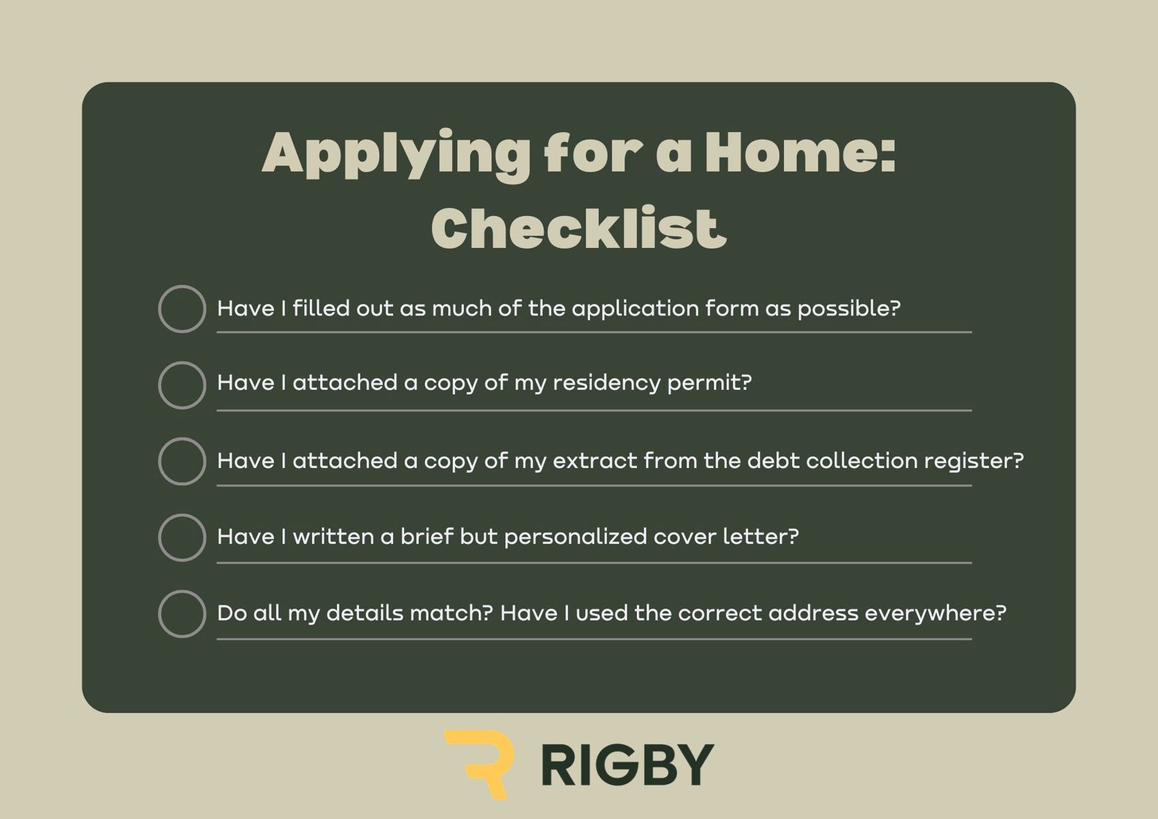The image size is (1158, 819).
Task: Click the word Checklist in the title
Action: (579, 228)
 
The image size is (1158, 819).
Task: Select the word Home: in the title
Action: (800, 152)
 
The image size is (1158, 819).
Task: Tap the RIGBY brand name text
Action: (627, 766)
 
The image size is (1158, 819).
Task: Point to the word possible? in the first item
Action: (849, 309)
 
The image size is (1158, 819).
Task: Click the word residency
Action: (606, 384)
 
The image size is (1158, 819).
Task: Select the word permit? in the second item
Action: (709, 384)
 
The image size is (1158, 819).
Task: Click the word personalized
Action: (576, 537)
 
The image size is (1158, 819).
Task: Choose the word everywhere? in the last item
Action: (936, 614)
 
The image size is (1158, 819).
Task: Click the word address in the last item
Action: (813, 613)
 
